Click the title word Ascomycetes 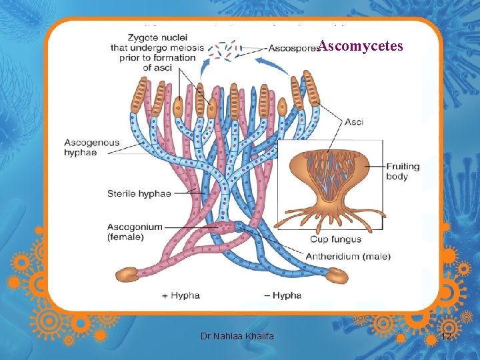coord(361,46)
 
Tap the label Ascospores coord(292,48)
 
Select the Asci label coord(353,122)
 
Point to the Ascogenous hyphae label coord(91,147)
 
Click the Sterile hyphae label coord(139,193)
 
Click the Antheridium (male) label coord(348,256)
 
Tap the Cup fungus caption coord(335,239)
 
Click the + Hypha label coord(181,295)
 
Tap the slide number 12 coord(447,338)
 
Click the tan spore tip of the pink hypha coord(127,273)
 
